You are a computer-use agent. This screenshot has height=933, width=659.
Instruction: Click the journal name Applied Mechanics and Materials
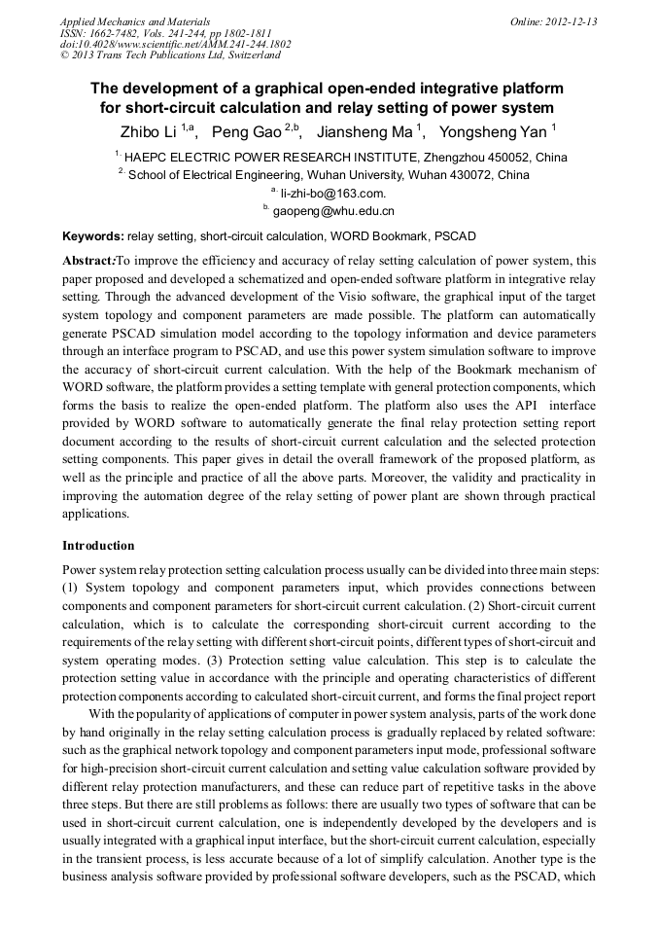(135, 21)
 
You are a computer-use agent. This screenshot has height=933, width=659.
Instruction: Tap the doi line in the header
(175, 44)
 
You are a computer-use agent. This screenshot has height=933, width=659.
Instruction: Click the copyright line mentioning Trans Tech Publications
(170, 55)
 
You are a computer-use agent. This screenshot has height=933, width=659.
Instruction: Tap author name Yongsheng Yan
(493, 131)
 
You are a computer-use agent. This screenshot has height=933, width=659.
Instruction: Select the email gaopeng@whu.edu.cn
(332, 211)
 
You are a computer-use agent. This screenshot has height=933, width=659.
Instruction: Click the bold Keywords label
(92, 236)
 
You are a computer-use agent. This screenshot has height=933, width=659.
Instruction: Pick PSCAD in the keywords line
(455, 236)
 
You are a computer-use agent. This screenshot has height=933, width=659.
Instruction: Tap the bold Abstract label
(88, 262)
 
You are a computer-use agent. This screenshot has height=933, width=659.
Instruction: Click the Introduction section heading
(98, 546)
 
